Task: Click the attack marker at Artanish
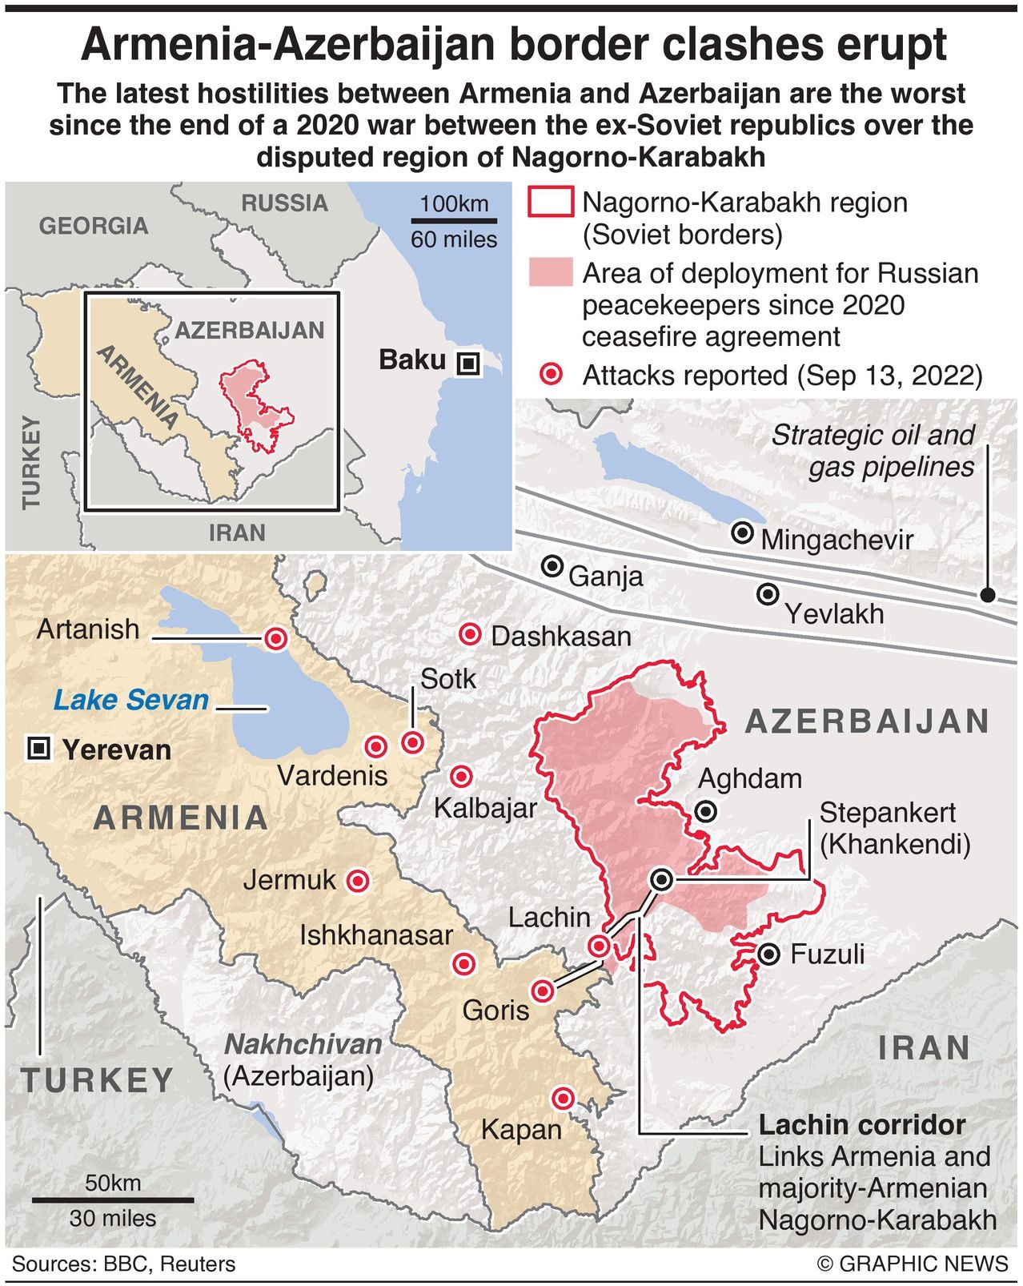click(x=276, y=638)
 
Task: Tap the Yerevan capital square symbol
click(x=38, y=749)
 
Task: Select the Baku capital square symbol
click(x=468, y=364)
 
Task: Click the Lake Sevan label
click(x=131, y=700)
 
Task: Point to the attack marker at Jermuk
click(x=357, y=881)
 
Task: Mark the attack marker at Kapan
click(x=564, y=1098)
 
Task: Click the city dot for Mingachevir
click(x=743, y=532)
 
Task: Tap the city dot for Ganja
click(x=552, y=566)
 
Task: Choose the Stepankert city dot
click(x=661, y=879)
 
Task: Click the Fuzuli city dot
click(x=768, y=954)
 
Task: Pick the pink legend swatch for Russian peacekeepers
click(x=551, y=272)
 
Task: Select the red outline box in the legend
click(x=551, y=202)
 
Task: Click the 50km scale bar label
click(x=113, y=1183)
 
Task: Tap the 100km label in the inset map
click(x=454, y=203)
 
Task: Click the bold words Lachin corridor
click(x=862, y=1124)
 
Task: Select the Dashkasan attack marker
click(x=469, y=635)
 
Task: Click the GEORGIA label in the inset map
click(x=94, y=226)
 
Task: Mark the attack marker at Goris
click(x=544, y=991)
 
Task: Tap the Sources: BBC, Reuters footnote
click(x=124, y=1264)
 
